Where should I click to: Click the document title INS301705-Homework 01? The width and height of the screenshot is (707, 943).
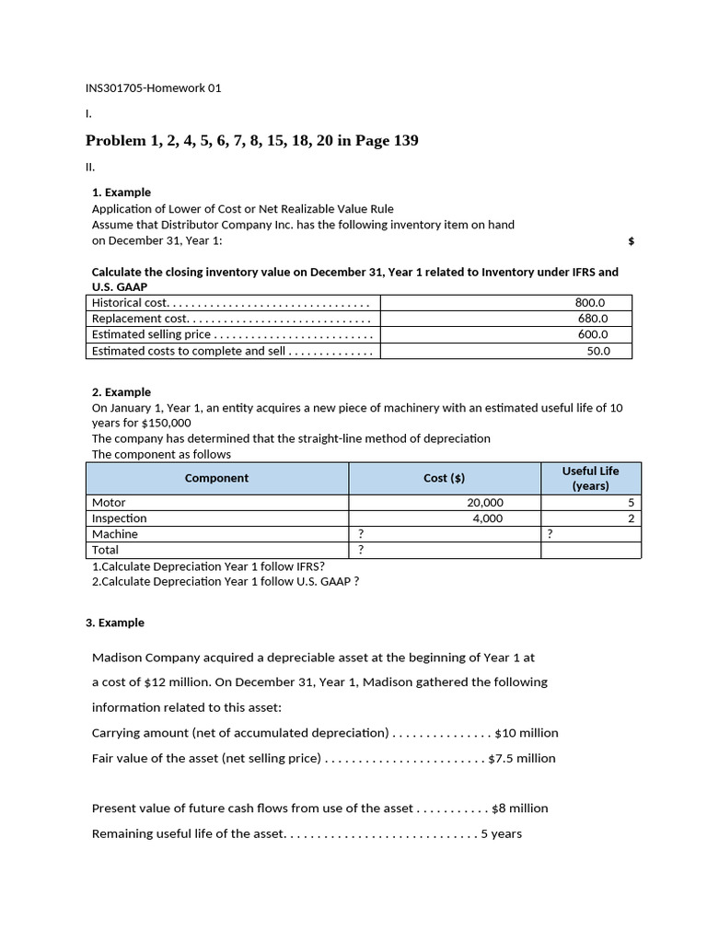(153, 88)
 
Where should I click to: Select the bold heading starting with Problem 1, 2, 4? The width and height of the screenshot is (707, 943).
(251, 141)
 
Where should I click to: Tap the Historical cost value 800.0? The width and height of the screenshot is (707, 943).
(589, 302)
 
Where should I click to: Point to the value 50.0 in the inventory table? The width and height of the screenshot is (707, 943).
(597, 351)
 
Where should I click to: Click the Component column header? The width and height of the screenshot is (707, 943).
(216, 478)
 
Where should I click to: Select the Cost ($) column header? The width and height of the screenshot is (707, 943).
(444, 478)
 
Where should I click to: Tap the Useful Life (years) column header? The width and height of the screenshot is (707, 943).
(590, 478)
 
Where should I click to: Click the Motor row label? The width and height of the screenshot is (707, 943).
(109, 503)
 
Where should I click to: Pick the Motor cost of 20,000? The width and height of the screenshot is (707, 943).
(485, 503)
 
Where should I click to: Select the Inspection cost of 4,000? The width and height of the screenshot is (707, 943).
(488, 518)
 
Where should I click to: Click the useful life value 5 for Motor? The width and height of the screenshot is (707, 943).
(631, 503)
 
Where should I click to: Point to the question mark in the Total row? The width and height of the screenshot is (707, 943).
(360, 550)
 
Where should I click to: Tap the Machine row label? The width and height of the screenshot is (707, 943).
(115, 534)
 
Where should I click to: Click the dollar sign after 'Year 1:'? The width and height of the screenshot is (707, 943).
(631, 241)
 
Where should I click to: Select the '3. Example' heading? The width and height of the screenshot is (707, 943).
(115, 623)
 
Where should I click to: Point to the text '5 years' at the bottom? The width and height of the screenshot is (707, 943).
(502, 834)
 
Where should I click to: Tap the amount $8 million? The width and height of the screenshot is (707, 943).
(520, 809)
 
